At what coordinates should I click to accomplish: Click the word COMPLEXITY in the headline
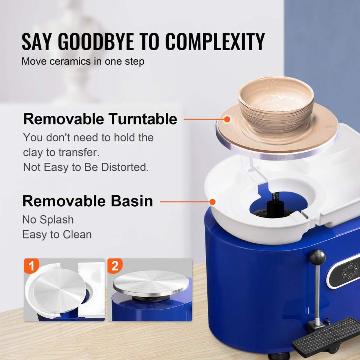215,41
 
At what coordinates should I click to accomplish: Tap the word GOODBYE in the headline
96,41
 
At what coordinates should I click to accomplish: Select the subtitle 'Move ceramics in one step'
83,61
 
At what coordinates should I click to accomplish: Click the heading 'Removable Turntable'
100,119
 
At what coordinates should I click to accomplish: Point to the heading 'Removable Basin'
88,201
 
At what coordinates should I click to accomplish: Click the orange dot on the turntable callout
227,119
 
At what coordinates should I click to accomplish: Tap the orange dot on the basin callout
213,202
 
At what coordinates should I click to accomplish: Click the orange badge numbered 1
31,266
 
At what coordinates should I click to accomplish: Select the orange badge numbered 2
115,266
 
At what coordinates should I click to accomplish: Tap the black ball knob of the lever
317,257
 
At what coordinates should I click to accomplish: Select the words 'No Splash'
48,220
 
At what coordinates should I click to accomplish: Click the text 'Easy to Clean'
57,235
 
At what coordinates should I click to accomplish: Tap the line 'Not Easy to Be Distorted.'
85,167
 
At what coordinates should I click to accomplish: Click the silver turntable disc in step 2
151,283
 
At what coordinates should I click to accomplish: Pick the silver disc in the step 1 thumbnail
60,290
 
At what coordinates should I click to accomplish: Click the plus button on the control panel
351,266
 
